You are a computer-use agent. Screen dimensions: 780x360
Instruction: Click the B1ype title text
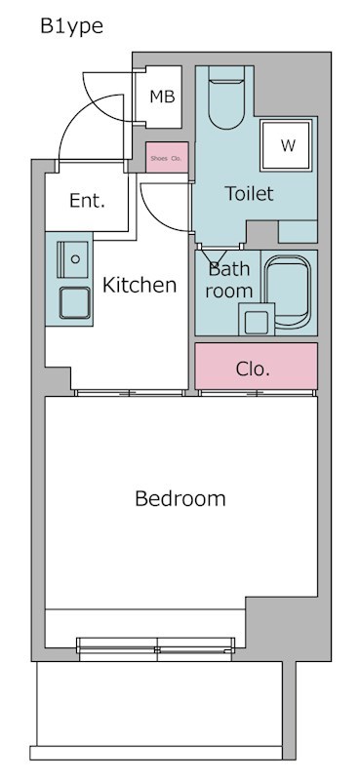click(71, 26)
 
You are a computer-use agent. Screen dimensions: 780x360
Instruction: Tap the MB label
click(161, 97)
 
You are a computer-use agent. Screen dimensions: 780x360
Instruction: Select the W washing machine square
click(288, 145)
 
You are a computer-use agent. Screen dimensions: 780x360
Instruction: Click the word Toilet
click(249, 193)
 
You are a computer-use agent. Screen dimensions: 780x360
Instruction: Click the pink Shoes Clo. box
click(166, 157)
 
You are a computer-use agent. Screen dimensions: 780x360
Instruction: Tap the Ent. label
click(87, 201)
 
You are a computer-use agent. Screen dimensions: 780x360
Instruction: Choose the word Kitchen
click(140, 285)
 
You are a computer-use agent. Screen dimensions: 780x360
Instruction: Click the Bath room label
click(229, 280)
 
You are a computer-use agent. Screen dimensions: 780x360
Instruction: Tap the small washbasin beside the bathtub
click(257, 319)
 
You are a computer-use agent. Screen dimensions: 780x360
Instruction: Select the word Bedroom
click(180, 499)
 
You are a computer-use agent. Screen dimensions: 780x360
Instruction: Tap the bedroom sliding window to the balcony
click(156, 643)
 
